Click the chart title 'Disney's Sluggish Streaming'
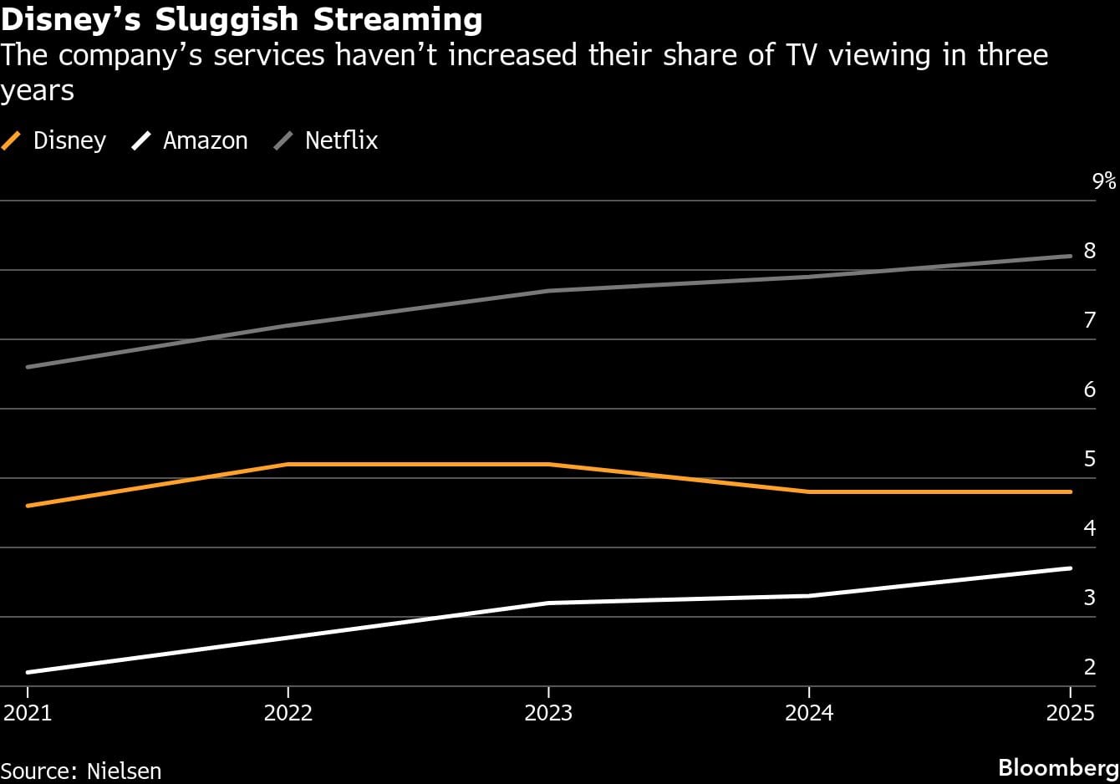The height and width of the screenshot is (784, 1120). [x=242, y=18]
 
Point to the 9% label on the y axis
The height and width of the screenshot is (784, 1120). [x=1103, y=181]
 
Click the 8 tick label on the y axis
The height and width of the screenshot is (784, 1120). [x=1089, y=250]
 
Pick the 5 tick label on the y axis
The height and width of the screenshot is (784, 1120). [x=1089, y=459]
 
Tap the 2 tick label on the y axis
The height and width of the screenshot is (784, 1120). [x=1089, y=667]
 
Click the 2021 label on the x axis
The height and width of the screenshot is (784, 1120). [x=28, y=712]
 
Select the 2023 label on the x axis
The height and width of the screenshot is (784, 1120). [x=548, y=712]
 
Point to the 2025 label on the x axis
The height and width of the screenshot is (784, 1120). [x=1070, y=712]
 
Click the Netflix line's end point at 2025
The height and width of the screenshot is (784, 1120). [x=1070, y=256]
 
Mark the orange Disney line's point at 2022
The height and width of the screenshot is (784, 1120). [x=288, y=464]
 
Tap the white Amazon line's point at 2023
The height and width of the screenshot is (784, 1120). [x=548, y=603]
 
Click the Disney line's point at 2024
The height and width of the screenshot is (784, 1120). [x=809, y=491]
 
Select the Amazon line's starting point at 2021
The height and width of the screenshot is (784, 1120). [x=28, y=672]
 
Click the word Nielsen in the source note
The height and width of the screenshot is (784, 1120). [x=124, y=770]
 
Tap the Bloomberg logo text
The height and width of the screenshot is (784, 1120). [x=1058, y=768]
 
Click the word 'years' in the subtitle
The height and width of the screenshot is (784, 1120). [x=38, y=90]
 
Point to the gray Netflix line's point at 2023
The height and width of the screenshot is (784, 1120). [x=548, y=291]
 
